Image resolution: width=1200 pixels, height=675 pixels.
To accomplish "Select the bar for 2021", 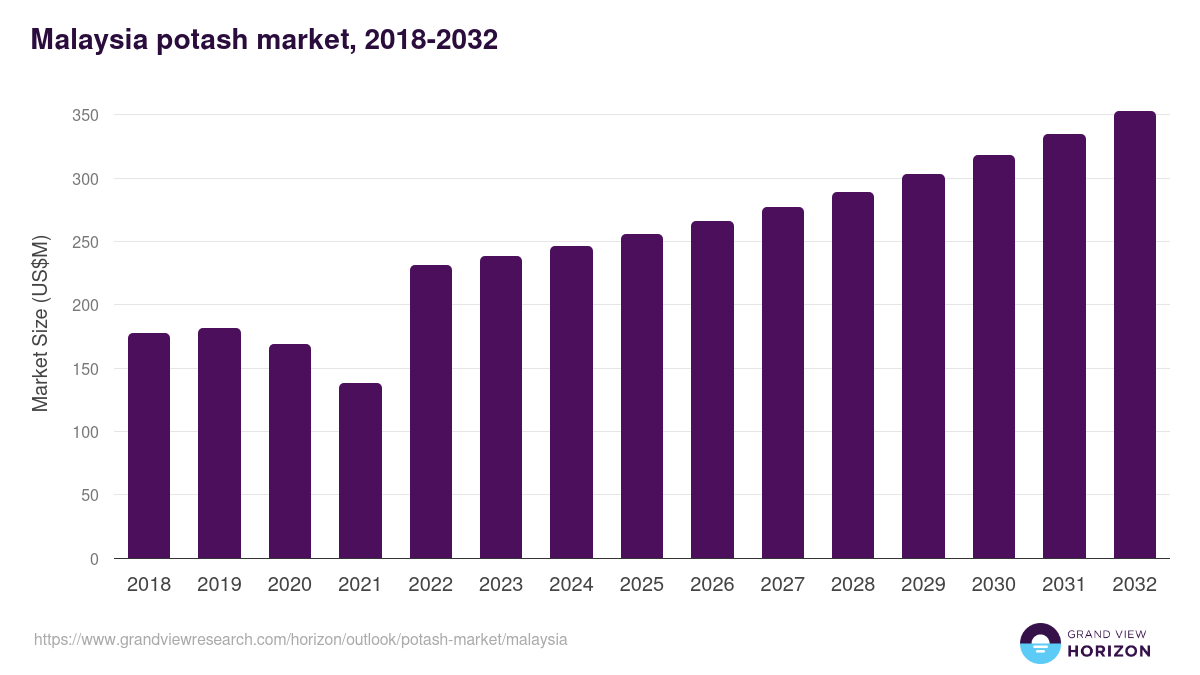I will point(360,470).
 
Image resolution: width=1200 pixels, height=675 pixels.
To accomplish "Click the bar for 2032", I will point(1134,335).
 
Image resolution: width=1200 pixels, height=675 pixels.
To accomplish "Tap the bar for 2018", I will point(149,445).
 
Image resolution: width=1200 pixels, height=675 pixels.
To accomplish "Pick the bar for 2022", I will point(431,411).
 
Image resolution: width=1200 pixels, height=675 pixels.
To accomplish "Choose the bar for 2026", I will point(712,389).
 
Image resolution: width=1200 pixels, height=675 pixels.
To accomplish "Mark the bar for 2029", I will point(923,366).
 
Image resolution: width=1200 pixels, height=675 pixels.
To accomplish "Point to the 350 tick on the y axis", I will point(85,116).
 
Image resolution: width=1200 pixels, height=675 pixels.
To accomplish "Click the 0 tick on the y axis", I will point(94,559).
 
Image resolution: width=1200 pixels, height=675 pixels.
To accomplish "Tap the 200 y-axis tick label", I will point(85,305).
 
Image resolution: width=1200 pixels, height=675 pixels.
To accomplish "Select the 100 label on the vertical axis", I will point(85,432).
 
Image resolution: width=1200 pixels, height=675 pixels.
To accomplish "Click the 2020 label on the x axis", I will point(289,585).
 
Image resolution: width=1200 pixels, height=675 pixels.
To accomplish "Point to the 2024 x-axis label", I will point(571,585).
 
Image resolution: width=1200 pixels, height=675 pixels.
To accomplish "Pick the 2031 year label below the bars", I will point(1064,585).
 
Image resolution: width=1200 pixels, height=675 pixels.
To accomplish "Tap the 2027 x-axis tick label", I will point(782,585).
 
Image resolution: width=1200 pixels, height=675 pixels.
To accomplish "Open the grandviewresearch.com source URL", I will point(300,639).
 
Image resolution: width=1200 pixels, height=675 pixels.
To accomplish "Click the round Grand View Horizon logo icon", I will point(1040,643).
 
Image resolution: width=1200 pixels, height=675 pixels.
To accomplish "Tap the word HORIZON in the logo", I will point(1108,651).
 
